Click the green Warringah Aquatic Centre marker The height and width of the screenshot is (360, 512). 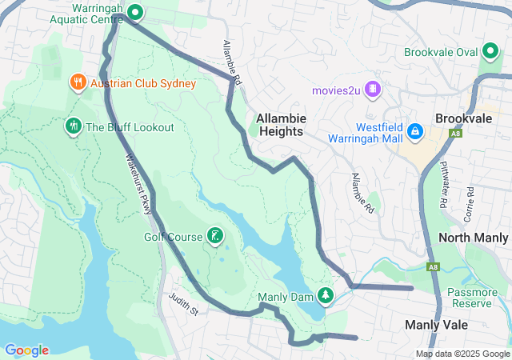135,12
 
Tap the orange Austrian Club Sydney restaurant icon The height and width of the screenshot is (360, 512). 78,82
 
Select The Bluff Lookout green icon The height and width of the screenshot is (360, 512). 73,126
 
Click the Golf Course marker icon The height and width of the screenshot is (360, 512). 214,235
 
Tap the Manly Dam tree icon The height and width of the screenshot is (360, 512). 326,296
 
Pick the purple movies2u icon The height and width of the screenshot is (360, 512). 372,89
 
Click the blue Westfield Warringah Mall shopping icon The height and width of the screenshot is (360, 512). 415,130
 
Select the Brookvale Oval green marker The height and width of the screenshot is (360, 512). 491,52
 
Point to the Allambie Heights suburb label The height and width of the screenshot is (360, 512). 280,125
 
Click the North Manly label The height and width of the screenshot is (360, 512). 474,238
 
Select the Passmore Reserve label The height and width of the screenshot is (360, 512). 473,298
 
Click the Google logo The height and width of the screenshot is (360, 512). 26,350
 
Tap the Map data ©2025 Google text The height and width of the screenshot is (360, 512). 462,354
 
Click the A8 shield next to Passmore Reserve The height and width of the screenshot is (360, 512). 434,267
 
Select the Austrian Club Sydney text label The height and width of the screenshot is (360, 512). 143,83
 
